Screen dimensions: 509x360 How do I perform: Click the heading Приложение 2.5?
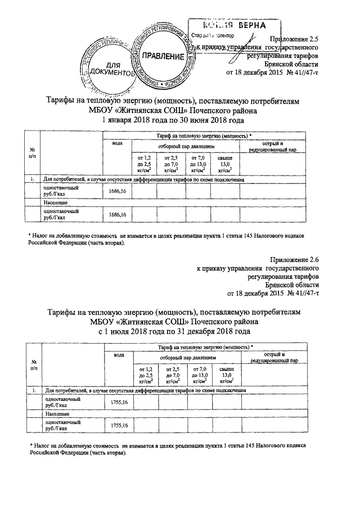click(x=294, y=39)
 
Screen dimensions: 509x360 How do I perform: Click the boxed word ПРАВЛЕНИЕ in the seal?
click(x=163, y=57)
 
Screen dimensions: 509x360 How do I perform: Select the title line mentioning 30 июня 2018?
click(x=173, y=120)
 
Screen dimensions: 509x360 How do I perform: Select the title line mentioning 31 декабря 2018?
click(x=173, y=332)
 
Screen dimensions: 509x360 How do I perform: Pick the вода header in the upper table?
click(x=117, y=144)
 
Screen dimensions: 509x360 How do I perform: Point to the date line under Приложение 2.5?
click(x=272, y=73)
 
